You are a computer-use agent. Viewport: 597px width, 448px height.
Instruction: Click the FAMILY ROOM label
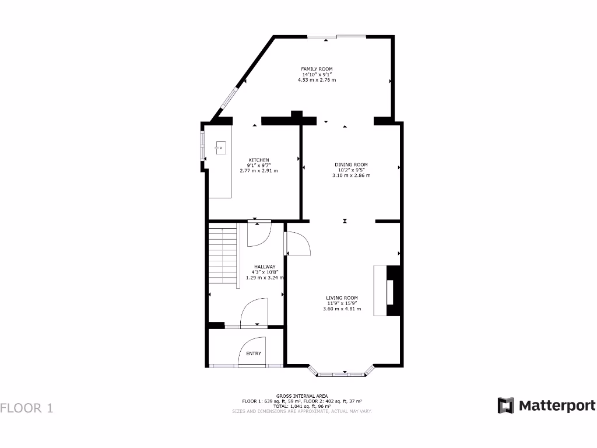pos(317,69)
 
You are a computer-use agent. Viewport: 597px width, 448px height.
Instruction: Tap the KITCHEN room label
pos(259,160)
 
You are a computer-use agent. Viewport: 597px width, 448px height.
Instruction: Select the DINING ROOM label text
pos(351,164)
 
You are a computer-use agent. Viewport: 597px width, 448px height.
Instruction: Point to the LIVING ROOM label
pos(342,298)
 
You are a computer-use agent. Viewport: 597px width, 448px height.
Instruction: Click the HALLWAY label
pos(265,267)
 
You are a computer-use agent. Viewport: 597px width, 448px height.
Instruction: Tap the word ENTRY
pos(254,353)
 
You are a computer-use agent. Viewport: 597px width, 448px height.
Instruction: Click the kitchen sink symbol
pos(220,148)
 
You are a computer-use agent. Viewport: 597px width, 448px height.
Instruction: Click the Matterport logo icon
pos(505,405)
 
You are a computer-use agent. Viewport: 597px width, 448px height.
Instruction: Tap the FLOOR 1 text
pos(27,408)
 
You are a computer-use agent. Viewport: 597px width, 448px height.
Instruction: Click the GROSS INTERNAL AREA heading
pos(302,396)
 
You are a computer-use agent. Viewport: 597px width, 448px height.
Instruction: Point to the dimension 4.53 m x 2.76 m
pos(317,80)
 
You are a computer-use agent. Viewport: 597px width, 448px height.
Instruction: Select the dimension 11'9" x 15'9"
pos(342,303)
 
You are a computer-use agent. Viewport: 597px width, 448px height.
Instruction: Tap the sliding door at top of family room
pos(337,37)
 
